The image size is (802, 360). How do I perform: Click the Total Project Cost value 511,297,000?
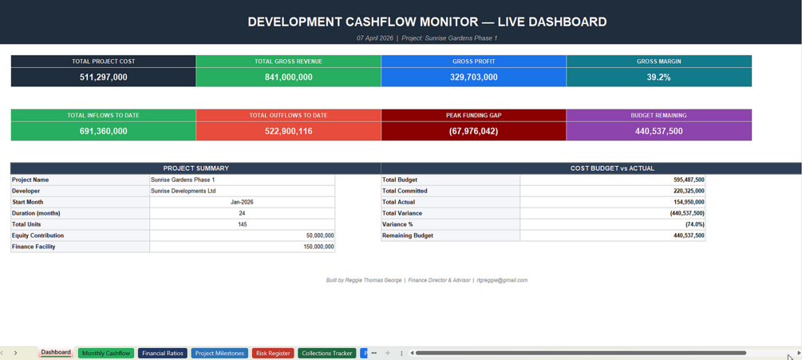[x=103, y=77]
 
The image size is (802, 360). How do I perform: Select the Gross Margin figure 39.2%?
[x=659, y=77]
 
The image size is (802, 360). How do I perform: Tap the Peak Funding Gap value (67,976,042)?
[x=474, y=132]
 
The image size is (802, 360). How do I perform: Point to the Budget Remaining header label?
[x=659, y=116]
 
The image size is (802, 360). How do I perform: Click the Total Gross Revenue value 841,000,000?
[x=288, y=77]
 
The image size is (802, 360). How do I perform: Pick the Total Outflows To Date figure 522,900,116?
[x=288, y=132]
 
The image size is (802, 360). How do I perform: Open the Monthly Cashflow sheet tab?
[x=106, y=354]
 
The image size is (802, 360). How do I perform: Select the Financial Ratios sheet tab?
[x=163, y=354]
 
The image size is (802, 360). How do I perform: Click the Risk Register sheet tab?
[x=273, y=354]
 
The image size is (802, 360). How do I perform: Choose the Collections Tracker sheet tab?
[x=327, y=354]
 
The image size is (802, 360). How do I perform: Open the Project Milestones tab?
[x=219, y=354]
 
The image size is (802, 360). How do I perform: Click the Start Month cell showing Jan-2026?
[x=242, y=202]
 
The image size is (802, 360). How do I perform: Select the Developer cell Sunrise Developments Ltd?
[x=183, y=192]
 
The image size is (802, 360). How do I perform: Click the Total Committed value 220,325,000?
[x=689, y=192]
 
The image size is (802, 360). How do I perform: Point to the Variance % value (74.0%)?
[x=694, y=224]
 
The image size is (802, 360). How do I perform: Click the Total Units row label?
[x=26, y=224]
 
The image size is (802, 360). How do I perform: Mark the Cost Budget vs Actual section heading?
[x=612, y=168]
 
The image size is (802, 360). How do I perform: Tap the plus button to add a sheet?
[x=388, y=354]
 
